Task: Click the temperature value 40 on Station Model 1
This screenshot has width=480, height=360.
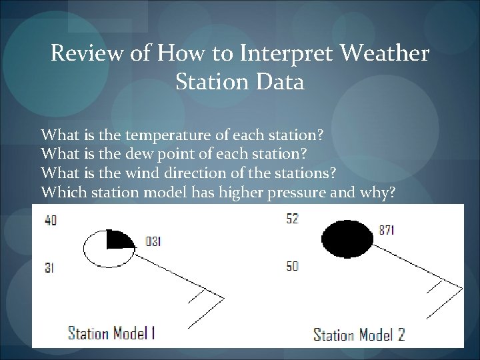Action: (51, 219)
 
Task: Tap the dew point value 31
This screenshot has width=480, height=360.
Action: (50, 267)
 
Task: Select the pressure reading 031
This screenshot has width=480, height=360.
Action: (153, 242)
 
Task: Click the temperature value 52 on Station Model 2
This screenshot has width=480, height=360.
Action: (292, 219)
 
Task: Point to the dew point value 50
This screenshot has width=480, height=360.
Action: (292, 267)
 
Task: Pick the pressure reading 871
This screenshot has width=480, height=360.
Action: (386, 229)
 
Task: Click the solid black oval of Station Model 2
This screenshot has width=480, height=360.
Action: (347, 239)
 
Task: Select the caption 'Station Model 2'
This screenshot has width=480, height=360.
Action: (359, 333)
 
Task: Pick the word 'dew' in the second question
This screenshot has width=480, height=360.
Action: (138, 155)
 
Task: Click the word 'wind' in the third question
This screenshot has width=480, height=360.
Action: (139, 173)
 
